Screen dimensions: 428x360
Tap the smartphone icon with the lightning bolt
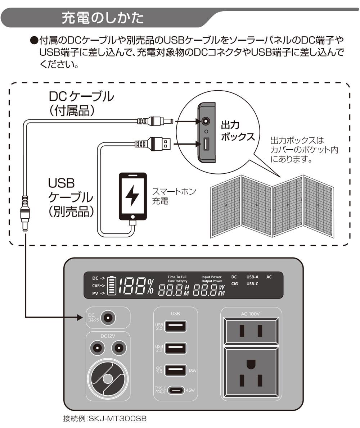[x=132, y=197]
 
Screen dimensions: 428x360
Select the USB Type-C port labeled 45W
[x=176, y=390]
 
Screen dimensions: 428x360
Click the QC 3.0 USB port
[x=176, y=370]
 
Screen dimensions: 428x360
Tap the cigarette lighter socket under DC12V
[x=107, y=379]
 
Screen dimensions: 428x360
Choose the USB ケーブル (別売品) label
[x=69, y=197]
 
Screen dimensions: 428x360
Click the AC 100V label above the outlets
[x=251, y=314]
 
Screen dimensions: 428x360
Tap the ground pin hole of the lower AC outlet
[x=250, y=365]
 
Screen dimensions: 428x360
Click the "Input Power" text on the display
[x=211, y=277]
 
